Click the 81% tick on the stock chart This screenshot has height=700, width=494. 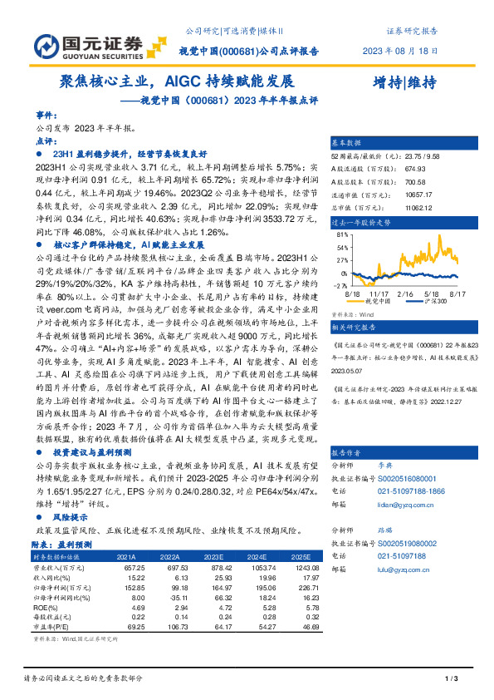pyautogui.click(x=341, y=235)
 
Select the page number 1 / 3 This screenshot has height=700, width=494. pyautogui.click(x=452, y=679)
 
